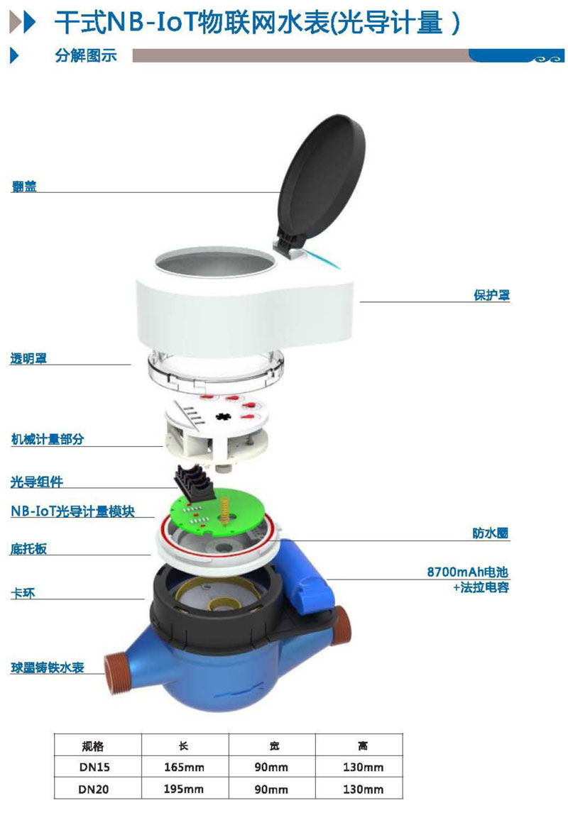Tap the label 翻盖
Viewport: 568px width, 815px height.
click(x=24, y=186)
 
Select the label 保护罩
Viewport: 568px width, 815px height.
click(x=491, y=295)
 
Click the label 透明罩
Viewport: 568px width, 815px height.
click(x=28, y=358)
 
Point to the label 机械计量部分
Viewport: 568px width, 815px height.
click(x=48, y=439)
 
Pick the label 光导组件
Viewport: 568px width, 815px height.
click(x=36, y=482)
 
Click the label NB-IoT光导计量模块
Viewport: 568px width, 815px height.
click(x=73, y=511)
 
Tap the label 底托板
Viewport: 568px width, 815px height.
click(x=28, y=549)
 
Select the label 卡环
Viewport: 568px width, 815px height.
click(x=23, y=593)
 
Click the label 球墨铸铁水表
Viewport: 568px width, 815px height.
click(x=48, y=668)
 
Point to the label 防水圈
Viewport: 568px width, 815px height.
click(x=491, y=533)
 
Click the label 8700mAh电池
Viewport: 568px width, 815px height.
click(x=468, y=572)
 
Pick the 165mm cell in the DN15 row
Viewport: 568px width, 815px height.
click(x=184, y=767)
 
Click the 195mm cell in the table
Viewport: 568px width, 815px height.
click(x=184, y=789)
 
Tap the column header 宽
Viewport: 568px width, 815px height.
click(x=274, y=746)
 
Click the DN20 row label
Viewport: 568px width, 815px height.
click(x=94, y=789)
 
